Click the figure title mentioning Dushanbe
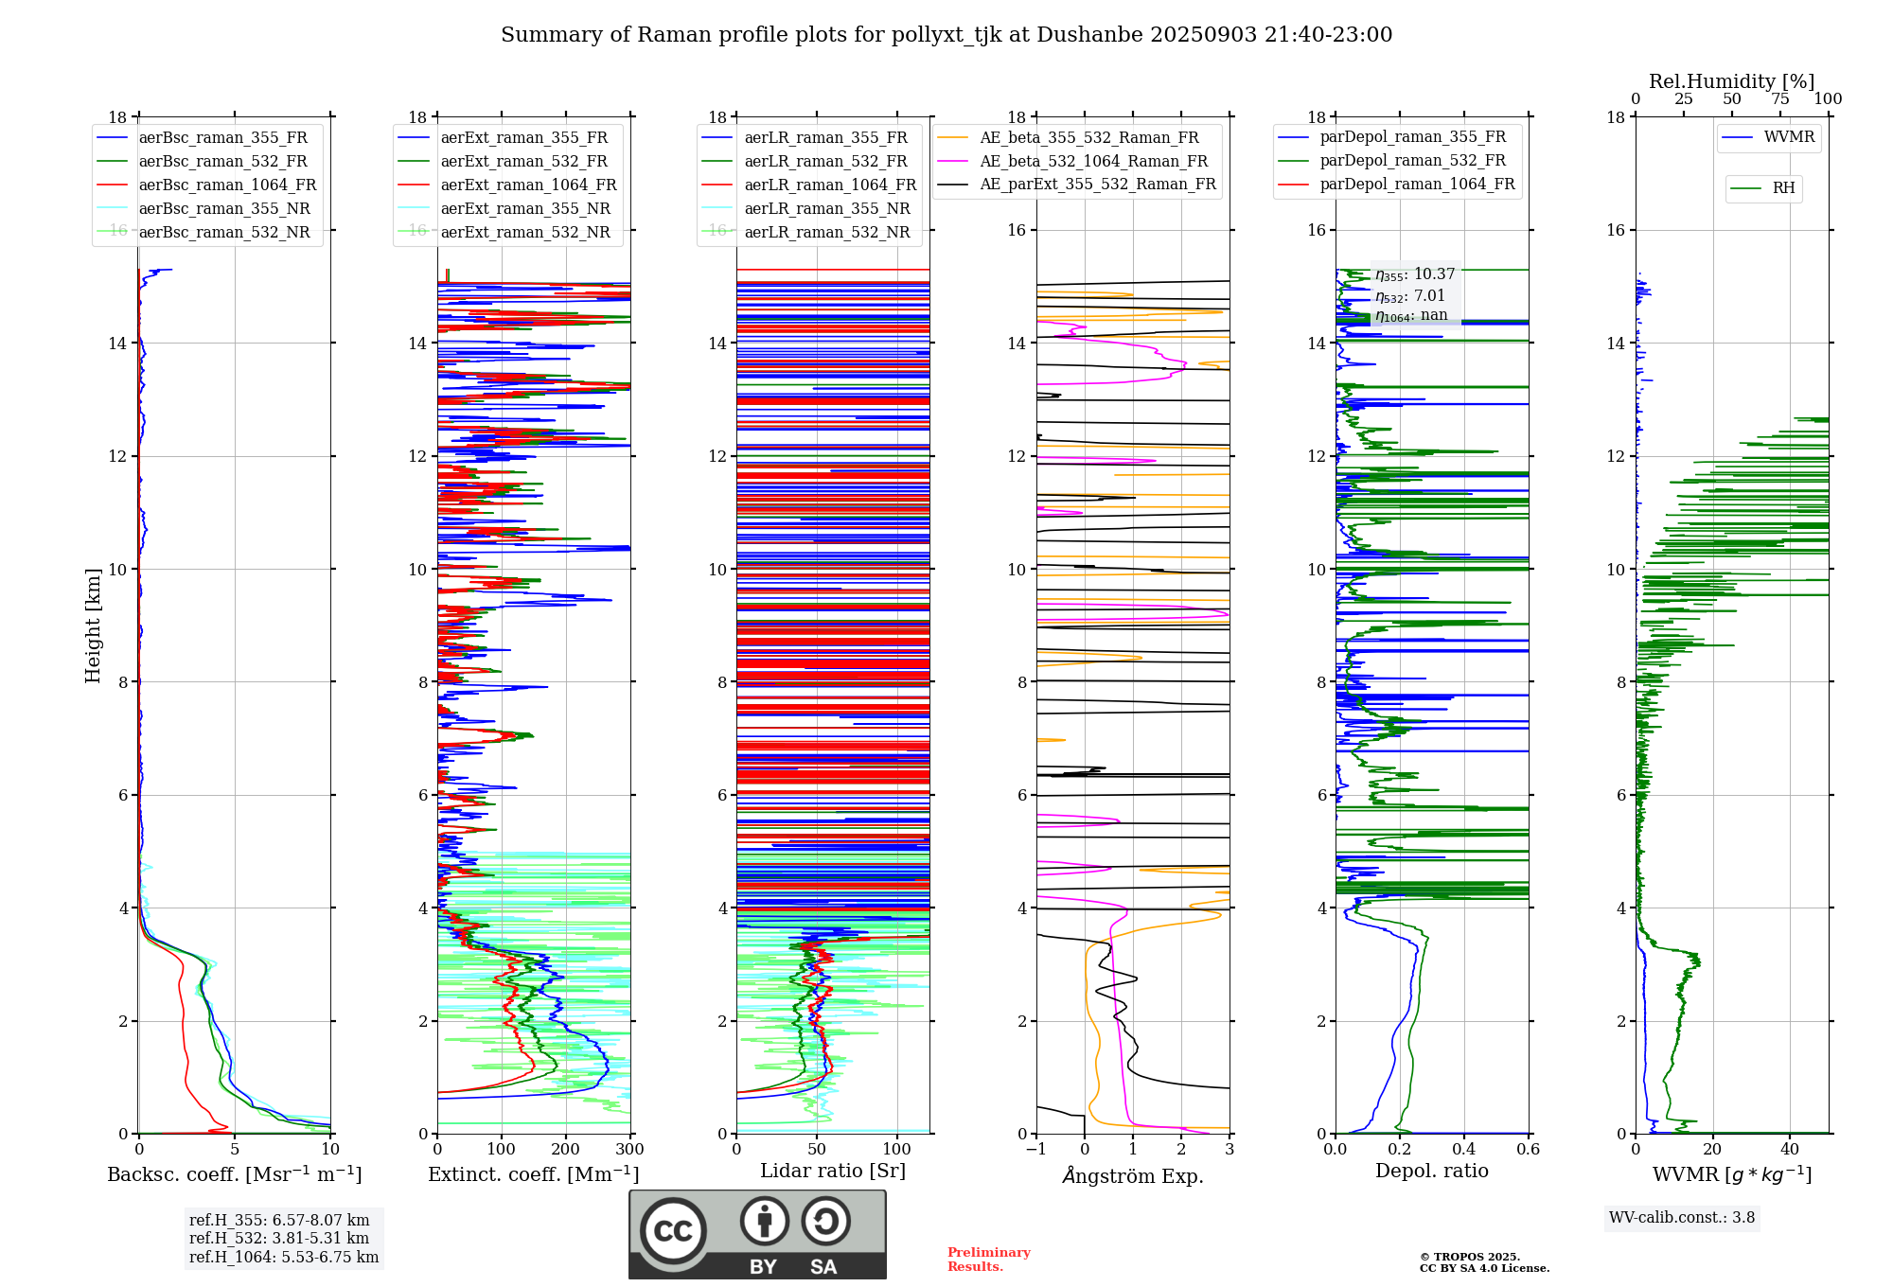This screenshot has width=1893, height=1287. click(946, 35)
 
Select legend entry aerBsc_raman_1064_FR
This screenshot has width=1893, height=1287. click(227, 185)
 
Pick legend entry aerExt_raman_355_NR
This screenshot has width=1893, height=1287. click(525, 209)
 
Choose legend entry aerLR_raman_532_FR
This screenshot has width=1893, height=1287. click(825, 162)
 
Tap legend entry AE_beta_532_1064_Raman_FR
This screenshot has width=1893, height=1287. click(1093, 162)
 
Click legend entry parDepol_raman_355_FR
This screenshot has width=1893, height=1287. click(1412, 137)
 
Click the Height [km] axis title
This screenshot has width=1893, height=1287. click(93, 625)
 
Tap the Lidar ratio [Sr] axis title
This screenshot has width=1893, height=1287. click(833, 1171)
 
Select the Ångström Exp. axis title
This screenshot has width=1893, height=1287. click(1133, 1176)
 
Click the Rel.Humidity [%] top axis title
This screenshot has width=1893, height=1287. click(1731, 81)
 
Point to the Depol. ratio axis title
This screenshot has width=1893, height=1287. click(1431, 1172)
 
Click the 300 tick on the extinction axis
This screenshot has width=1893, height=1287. click(629, 1150)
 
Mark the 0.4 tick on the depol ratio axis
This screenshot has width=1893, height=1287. click(1463, 1150)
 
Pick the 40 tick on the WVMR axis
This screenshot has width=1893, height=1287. click(1790, 1150)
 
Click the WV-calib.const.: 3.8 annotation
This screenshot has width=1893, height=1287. click(1682, 1218)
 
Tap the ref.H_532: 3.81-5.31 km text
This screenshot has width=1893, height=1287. click(279, 1239)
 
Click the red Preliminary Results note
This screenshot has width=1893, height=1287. click(988, 1260)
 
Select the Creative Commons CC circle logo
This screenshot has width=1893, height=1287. click(673, 1230)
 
